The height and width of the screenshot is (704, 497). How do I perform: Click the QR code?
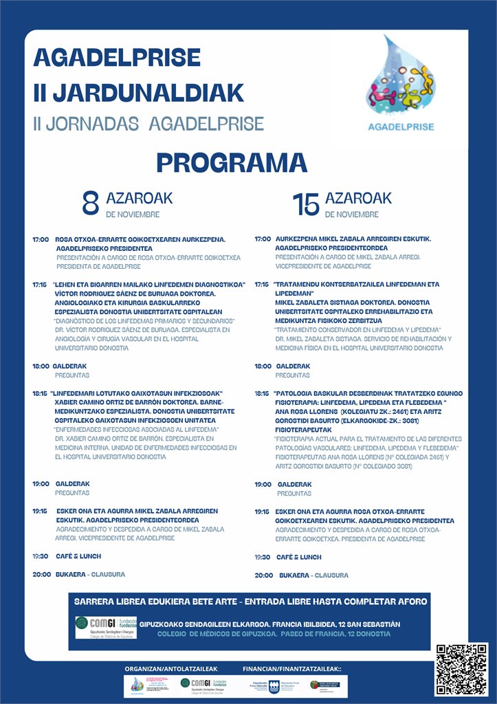(x=461, y=668)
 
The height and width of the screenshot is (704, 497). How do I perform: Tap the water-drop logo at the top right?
(x=401, y=79)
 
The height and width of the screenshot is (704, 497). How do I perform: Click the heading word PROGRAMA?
(x=231, y=163)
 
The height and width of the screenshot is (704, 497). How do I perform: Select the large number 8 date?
(x=91, y=203)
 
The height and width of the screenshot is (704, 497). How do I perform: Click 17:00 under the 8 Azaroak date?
(x=41, y=240)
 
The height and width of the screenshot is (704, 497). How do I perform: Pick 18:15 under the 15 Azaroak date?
(x=262, y=393)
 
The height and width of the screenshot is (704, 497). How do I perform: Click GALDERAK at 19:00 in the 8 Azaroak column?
(x=72, y=484)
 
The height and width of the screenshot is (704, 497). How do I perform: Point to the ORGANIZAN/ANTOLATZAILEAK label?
(x=171, y=668)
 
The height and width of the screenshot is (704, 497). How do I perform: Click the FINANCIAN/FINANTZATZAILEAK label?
(x=291, y=668)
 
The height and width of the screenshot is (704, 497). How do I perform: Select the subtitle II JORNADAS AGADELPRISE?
(x=148, y=124)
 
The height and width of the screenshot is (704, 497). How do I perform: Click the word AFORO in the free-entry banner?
(x=408, y=602)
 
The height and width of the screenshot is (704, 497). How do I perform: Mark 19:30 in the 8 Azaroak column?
(x=41, y=556)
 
